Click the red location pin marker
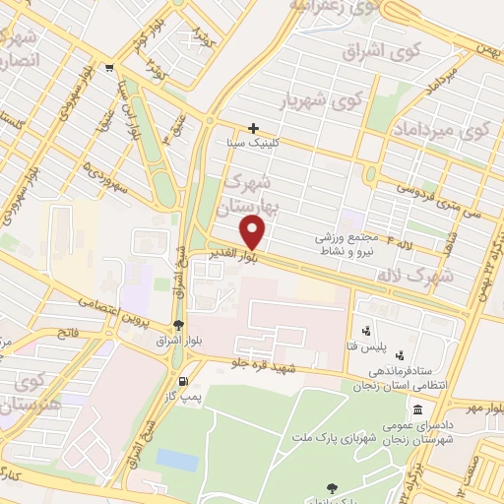click(x=253, y=232)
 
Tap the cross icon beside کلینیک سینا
click(x=254, y=127)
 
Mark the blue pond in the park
click(x=176, y=460)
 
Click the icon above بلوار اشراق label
click(x=177, y=325)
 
